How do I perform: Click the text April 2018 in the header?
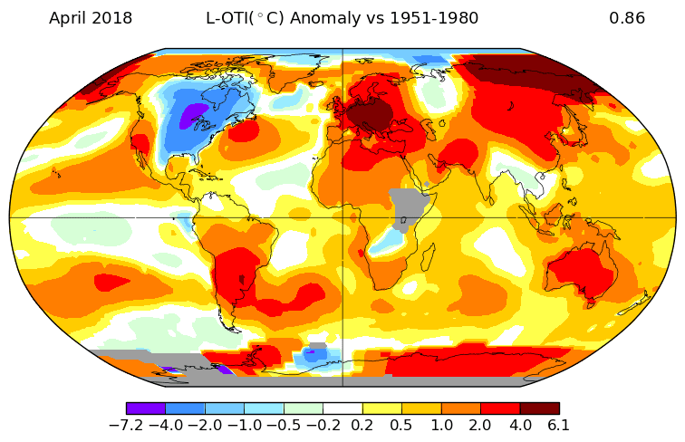click(x=90, y=18)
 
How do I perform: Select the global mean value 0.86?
click(x=627, y=18)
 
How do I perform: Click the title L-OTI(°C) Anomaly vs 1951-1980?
click(x=342, y=18)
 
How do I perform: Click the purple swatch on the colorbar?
click(x=146, y=408)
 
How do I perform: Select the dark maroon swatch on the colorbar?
click(x=539, y=408)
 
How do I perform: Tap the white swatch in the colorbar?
click(x=342, y=408)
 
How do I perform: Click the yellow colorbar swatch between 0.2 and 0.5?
click(x=381, y=408)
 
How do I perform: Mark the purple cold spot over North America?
click(x=192, y=117)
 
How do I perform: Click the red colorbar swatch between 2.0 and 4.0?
click(x=499, y=408)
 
